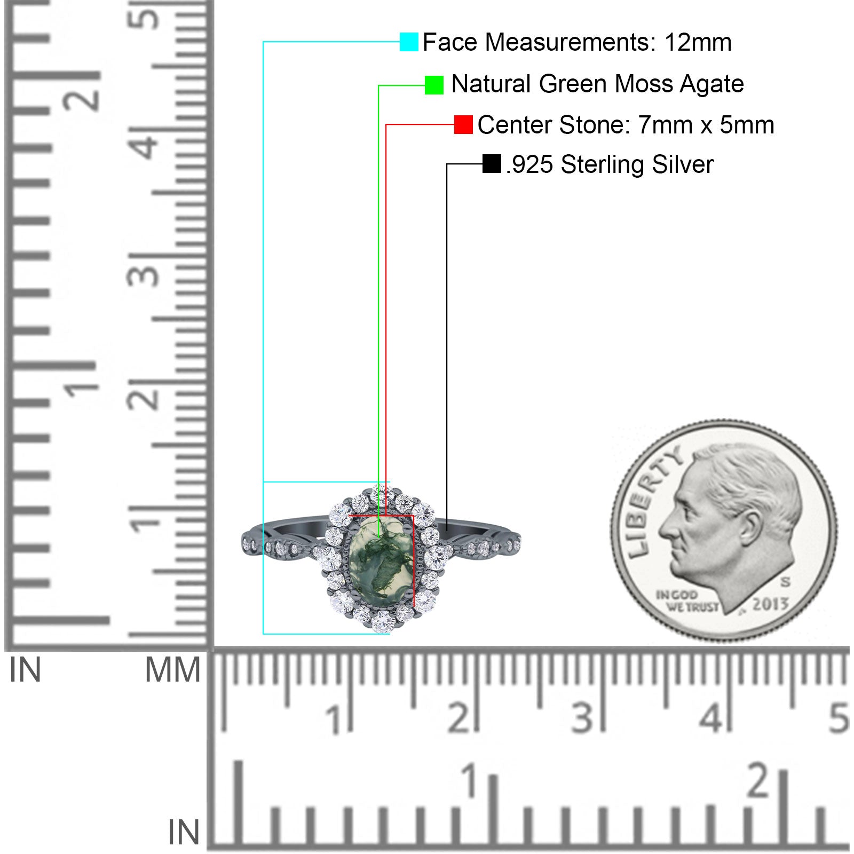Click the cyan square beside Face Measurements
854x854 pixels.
[x=409, y=42]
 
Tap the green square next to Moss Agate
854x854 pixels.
[x=434, y=85]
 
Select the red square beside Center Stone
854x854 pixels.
[x=463, y=125]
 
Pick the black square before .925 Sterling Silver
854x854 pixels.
[x=492, y=164]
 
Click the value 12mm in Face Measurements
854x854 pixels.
[x=698, y=42]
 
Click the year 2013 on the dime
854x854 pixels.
[x=770, y=604]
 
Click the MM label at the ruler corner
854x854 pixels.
[x=173, y=670]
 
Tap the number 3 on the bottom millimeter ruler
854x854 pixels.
[x=582, y=717]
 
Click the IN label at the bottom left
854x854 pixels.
[x=184, y=832]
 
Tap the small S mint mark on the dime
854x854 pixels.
[x=785, y=581]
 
